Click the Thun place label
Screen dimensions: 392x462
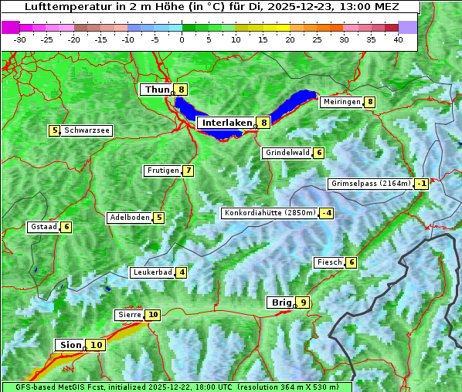(157, 90)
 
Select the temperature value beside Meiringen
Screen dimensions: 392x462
(370, 102)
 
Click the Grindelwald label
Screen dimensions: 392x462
(287, 153)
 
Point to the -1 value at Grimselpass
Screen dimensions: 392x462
(421, 184)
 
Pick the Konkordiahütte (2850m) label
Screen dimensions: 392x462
(270, 213)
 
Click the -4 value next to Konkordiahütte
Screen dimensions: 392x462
(328, 213)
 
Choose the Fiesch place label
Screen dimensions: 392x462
(329, 262)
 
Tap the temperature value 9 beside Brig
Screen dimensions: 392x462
(304, 302)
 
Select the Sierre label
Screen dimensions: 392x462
(130, 315)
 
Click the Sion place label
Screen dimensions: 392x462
(69, 345)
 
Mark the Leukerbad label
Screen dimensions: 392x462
(151, 272)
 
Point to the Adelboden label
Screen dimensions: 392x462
(129, 218)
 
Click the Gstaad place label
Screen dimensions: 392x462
(43, 227)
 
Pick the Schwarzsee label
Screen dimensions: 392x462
(87, 130)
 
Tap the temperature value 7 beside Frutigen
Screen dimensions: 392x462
(188, 171)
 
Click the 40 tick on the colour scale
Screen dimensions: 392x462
(397, 39)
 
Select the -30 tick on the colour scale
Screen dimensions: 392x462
(20, 39)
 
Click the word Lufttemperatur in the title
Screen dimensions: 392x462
(59, 7)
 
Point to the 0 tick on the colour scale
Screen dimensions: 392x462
(182, 39)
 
